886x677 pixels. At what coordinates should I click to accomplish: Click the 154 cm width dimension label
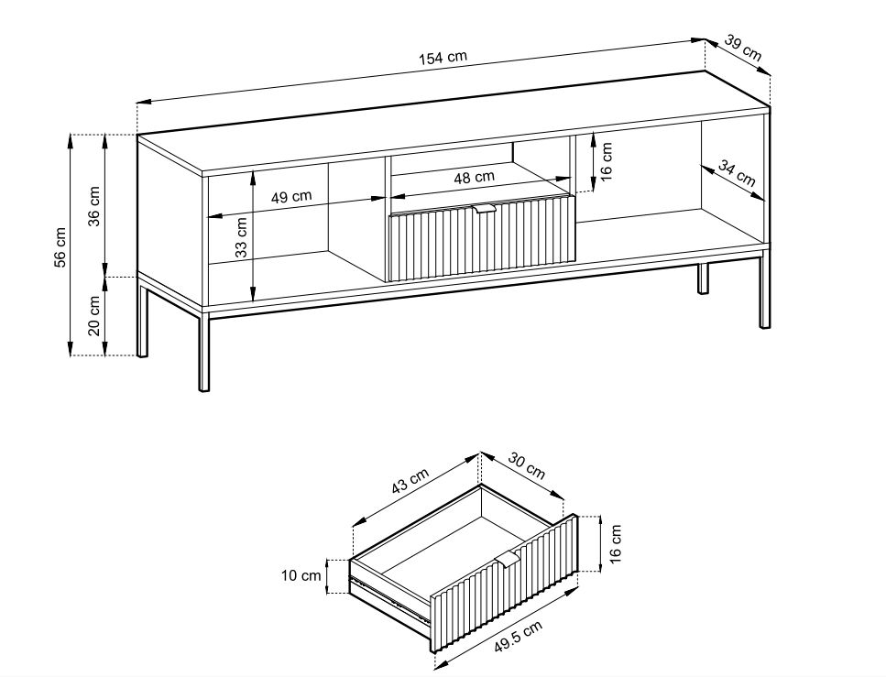click(443, 58)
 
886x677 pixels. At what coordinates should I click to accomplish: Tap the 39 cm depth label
click(743, 49)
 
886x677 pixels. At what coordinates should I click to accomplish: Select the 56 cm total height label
click(60, 247)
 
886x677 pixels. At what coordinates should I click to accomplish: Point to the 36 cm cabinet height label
click(94, 206)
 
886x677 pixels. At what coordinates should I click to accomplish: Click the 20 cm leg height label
click(94, 315)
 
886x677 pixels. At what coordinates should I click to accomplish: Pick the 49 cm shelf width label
click(291, 197)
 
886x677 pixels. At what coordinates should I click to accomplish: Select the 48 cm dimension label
click(474, 178)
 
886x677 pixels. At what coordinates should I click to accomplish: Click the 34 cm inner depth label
click(737, 173)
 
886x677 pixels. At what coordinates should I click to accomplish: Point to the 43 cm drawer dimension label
click(410, 481)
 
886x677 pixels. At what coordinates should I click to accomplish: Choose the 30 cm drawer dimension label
click(527, 465)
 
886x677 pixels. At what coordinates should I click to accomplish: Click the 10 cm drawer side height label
click(301, 576)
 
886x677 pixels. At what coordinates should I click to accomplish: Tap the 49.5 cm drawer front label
click(519, 637)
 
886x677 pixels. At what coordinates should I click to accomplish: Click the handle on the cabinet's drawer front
click(485, 210)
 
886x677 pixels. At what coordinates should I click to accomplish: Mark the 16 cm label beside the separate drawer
click(616, 543)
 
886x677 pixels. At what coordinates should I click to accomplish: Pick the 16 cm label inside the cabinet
click(606, 161)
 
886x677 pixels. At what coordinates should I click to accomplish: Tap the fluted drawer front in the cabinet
click(481, 238)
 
